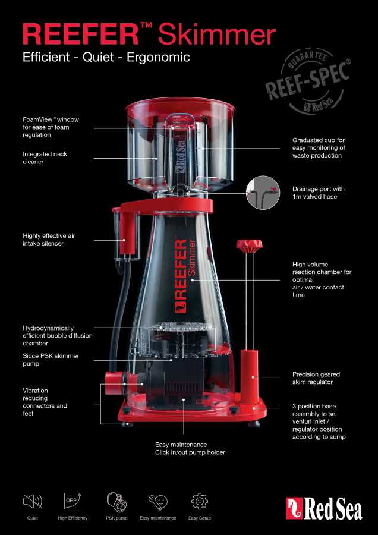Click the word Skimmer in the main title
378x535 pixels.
(x=217, y=34)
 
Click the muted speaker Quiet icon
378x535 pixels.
(x=33, y=501)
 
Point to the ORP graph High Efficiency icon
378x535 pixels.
(x=73, y=501)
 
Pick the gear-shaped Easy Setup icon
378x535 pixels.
(x=200, y=501)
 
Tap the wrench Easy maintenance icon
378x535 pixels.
(x=158, y=502)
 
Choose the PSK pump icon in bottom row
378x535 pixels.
(x=116, y=501)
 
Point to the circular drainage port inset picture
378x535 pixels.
(x=263, y=192)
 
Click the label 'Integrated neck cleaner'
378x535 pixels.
(x=45, y=158)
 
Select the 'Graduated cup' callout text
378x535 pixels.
(x=319, y=148)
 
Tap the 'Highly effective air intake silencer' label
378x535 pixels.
(x=49, y=240)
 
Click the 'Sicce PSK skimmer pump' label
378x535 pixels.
(x=51, y=360)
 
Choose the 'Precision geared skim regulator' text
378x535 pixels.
(x=316, y=378)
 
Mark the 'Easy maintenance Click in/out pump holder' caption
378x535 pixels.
(x=190, y=449)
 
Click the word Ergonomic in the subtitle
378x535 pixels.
(x=158, y=57)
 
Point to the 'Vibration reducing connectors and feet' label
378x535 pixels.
(x=45, y=402)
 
